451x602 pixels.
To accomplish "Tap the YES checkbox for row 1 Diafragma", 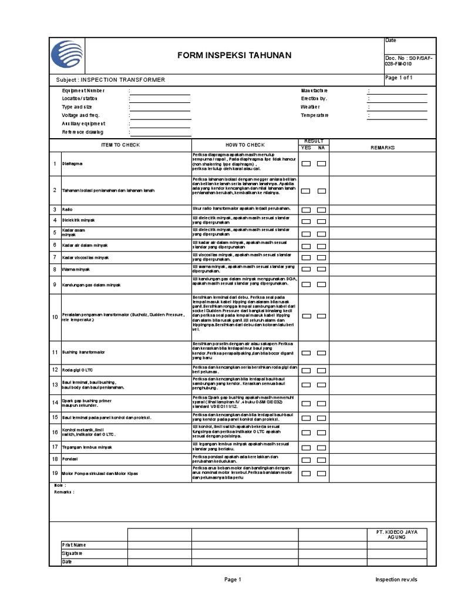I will point(306,163).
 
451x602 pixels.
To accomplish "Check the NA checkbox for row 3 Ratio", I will point(321,209).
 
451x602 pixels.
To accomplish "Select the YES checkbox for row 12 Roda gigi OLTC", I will point(306,370).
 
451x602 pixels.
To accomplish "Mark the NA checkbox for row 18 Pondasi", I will point(321,459).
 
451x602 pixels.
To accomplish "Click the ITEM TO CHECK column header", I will point(120,145).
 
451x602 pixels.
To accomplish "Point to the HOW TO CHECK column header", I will point(245,145).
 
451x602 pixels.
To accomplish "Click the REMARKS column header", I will point(382,148).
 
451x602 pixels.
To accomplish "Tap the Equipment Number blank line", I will point(160,91).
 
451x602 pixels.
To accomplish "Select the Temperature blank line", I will point(398,116).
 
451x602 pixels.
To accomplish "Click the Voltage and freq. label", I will point(81,116).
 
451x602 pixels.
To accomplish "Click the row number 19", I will point(55,473).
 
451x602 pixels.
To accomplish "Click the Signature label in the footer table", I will point(72,553).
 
